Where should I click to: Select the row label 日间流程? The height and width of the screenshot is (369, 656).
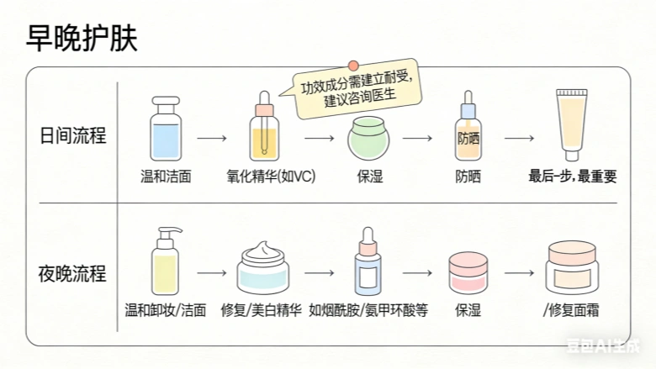coord(74,135)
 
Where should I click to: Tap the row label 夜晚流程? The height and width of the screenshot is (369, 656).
coord(74,273)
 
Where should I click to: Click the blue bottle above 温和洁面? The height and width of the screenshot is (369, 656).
coord(165,129)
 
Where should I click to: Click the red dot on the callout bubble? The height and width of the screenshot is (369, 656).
coord(354,66)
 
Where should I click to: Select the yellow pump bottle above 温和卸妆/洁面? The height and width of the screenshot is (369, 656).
coord(164,264)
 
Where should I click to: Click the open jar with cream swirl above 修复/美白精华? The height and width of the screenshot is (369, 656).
coord(263,266)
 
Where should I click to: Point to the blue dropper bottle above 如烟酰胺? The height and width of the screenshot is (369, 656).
coord(367,266)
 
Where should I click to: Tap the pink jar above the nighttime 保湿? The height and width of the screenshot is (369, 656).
coord(468,271)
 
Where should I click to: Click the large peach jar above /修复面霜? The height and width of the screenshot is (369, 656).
coord(572,268)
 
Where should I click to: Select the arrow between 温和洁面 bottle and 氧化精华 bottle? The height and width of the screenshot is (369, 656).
coord(213,135)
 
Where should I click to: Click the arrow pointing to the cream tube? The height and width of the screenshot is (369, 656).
coord(520,135)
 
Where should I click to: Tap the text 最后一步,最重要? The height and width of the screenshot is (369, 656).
coord(572,177)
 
